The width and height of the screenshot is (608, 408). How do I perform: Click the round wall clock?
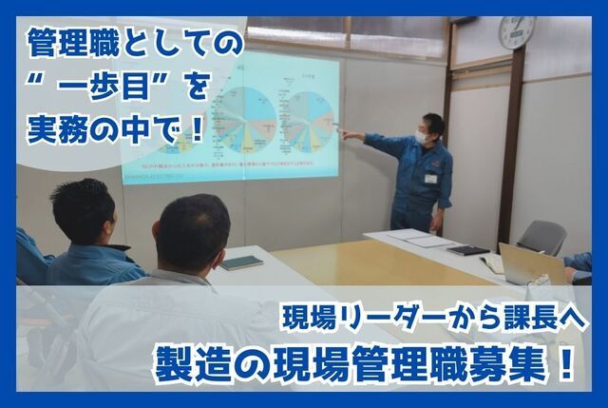(x=517, y=32)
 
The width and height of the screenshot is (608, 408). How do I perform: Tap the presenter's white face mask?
(x=421, y=137)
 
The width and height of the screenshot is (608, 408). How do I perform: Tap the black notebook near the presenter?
(x=467, y=251)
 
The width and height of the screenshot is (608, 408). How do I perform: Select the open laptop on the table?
(x=528, y=264)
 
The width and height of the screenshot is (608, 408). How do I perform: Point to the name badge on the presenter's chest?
(x=430, y=178)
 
